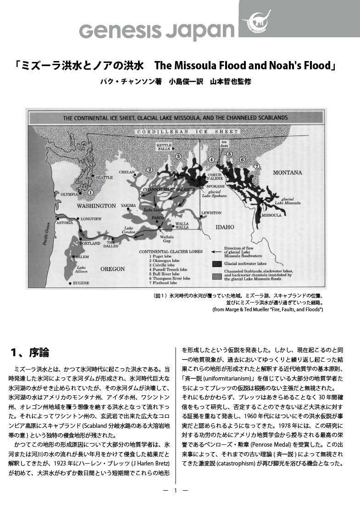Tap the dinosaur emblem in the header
(x=256, y=20)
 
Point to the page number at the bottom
(x=176, y=490)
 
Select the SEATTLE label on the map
(x=104, y=178)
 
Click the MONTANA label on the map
(x=288, y=173)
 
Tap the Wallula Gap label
(x=166, y=239)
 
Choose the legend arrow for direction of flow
(x=217, y=252)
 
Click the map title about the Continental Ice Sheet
(x=175, y=118)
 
